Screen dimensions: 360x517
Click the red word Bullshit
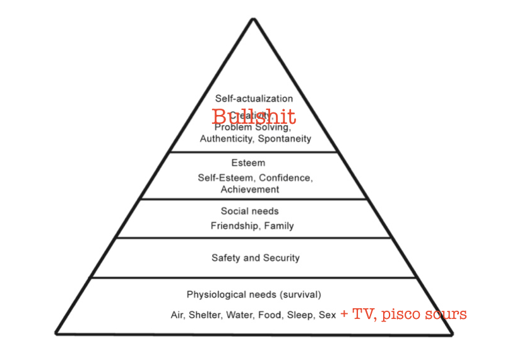tap(254, 117)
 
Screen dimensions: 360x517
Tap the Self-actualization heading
tap(254, 99)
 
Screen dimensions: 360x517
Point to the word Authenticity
tap(226, 138)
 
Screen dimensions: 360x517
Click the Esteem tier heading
tap(248, 163)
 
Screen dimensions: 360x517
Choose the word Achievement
tap(250, 189)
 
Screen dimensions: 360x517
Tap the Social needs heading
tap(249, 211)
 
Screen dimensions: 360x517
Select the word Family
tap(280, 225)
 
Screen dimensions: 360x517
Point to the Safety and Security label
tap(255, 258)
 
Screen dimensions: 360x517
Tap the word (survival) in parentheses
tap(302, 294)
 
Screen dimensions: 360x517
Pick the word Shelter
tap(204, 315)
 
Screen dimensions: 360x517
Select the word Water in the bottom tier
tap(239, 315)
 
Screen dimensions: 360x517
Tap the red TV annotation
tap(362, 314)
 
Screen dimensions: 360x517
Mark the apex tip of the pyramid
tap(254, 19)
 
